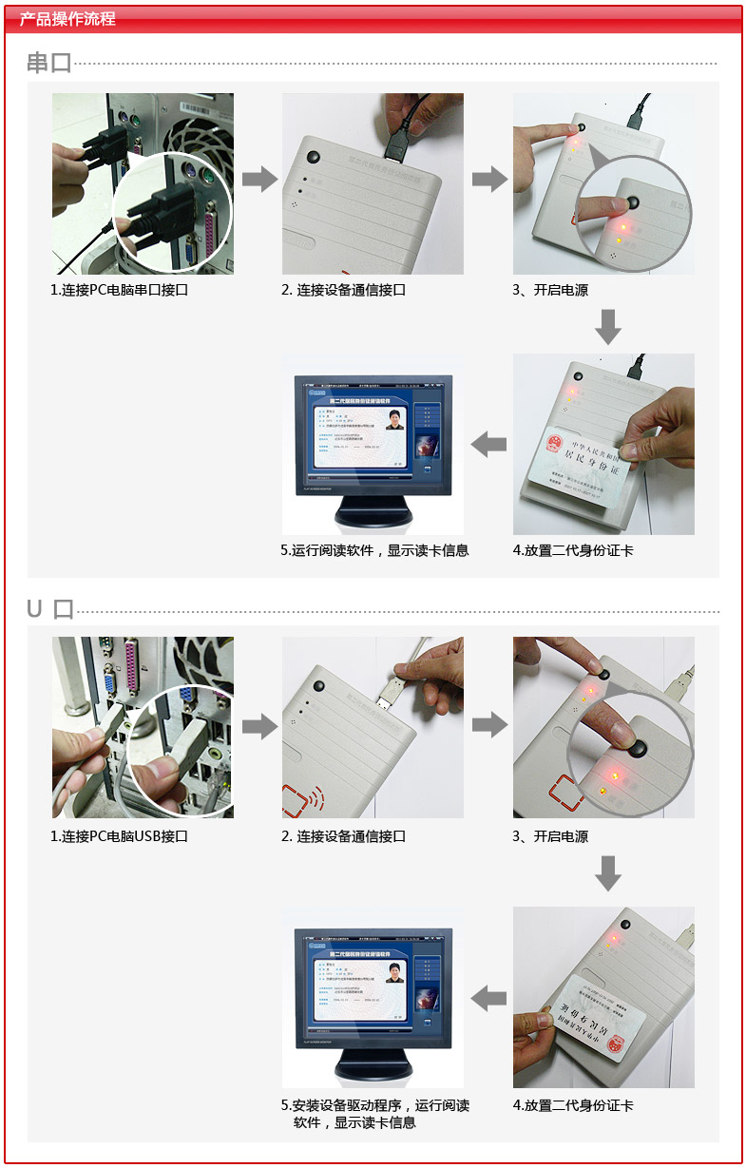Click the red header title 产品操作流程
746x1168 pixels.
[67, 19]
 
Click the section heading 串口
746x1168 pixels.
[49, 64]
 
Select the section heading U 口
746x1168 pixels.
[49, 609]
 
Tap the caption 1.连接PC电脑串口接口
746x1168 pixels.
[120, 290]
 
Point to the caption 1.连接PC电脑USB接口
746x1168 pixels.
[120, 836]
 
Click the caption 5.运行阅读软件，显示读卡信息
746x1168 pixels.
[374, 550]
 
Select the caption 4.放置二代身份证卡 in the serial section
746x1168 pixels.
[573, 550]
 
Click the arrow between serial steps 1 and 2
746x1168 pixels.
[258, 179]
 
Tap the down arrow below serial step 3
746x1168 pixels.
[608, 326]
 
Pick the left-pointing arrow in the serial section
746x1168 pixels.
[489, 443]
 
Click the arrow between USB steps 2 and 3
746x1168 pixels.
[489, 726]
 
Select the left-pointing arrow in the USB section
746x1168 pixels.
[489, 998]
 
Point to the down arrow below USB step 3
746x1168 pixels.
[608, 872]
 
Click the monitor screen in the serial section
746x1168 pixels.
[371, 428]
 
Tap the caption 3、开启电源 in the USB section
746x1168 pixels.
[550, 836]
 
